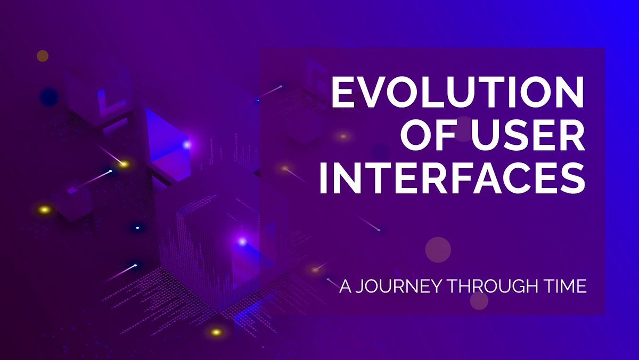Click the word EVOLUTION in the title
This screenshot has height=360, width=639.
point(458,92)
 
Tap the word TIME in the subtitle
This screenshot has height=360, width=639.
point(566,287)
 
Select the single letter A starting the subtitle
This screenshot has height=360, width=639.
point(345,287)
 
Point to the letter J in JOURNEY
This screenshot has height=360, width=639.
point(359,287)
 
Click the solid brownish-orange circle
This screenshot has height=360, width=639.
point(43,55)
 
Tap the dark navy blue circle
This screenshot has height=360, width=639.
point(49,96)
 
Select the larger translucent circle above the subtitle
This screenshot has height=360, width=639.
point(438,249)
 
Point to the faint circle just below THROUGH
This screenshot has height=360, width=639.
point(479,301)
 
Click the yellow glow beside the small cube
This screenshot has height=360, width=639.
point(45,210)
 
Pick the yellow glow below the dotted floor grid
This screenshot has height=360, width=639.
point(216,332)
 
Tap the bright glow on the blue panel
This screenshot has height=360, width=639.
point(187,144)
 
